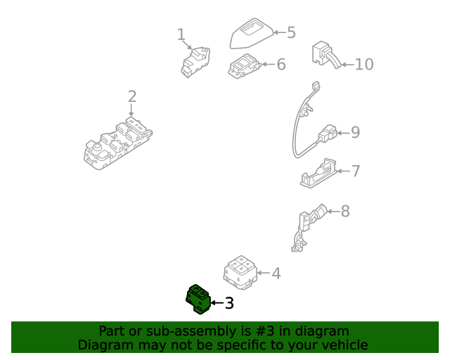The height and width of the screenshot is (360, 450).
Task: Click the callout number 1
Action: pos(181,34)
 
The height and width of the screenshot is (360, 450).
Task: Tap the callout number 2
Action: pos(131,97)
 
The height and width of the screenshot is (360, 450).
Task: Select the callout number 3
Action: pos(229,304)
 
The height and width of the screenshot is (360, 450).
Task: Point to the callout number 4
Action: pos(276,273)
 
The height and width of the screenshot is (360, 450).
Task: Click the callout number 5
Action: pos(290,32)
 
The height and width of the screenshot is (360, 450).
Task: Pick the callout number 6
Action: pos(281,65)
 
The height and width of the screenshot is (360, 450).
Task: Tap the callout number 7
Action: pos(355,171)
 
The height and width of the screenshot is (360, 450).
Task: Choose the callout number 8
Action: pos(345,211)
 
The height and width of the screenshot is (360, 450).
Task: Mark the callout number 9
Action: pos(355,132)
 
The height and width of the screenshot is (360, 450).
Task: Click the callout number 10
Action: pos(364,65)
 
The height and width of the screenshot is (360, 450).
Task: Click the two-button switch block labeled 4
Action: pos(240,272)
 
